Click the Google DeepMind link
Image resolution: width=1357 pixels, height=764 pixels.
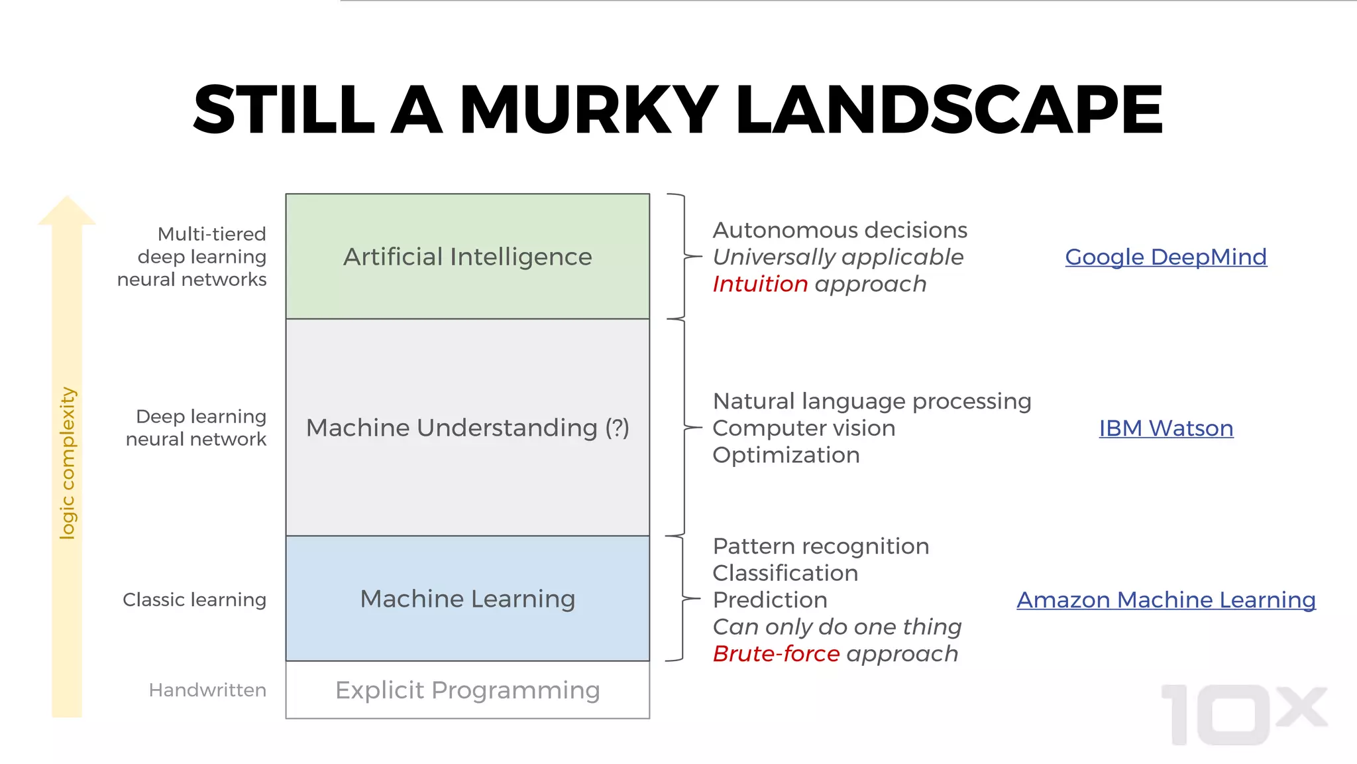pos(1166,257)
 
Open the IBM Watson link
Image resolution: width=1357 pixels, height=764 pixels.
pos(1166,428)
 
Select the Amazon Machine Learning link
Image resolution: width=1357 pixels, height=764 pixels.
pos(1166,600)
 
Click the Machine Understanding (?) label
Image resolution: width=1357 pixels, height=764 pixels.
pos(467,428)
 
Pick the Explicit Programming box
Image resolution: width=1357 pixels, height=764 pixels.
pos(467,690)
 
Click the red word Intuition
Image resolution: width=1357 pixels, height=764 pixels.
pos(760,284)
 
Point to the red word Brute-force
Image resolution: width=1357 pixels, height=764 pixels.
pos(776,654)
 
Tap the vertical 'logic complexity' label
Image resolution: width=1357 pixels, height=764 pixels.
pos(67,463)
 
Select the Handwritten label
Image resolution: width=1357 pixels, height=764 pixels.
pos(207,690)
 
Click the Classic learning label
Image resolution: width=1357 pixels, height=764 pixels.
pos(194,600)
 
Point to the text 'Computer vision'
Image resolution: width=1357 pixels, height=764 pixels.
pos(804,428)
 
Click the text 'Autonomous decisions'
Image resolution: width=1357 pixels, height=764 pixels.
pos(840,230)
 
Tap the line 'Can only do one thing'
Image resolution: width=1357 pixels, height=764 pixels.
pos(837,627)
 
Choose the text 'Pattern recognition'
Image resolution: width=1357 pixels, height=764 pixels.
pos(821,546)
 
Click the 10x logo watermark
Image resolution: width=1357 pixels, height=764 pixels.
pos(1242,714)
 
